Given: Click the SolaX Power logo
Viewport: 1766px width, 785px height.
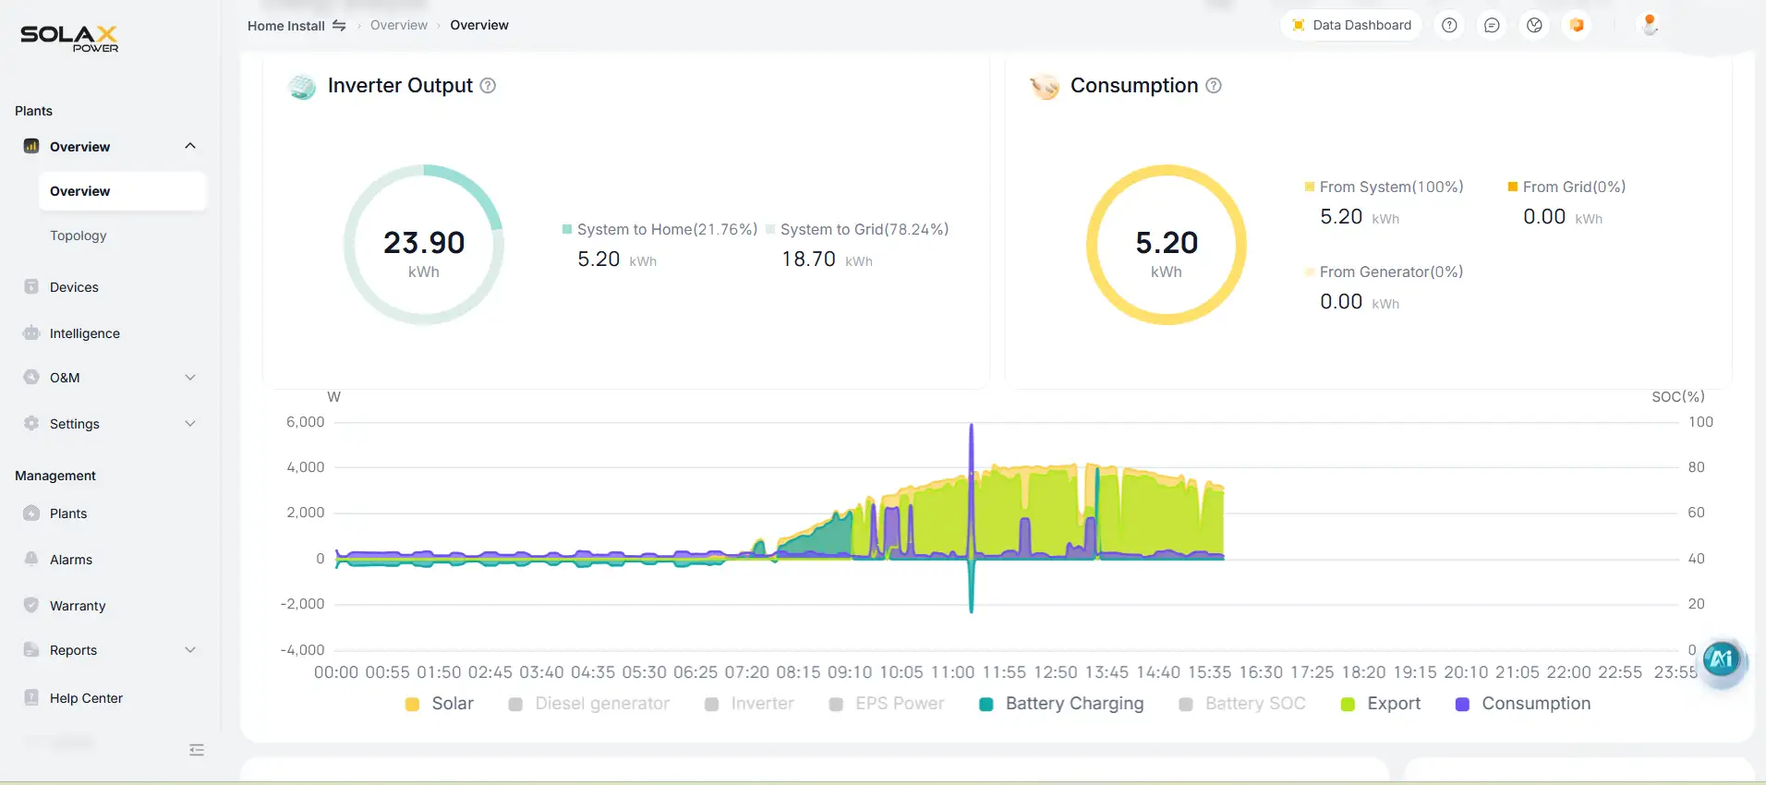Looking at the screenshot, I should click(x=69, y=37).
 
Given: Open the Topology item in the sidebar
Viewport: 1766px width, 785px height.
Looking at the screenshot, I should click(x=79, y=235).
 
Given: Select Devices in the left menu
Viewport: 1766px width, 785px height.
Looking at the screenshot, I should click(x=74, y=287).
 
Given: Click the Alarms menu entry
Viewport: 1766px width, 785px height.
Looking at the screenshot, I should click(x=71, y=560).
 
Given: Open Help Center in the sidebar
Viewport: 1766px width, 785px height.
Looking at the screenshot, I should click(x=86, y=698).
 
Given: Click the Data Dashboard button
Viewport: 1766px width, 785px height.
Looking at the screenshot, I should click(x=1351, y=25).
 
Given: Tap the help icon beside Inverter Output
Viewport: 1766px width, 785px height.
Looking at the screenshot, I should click(x=488, y=86).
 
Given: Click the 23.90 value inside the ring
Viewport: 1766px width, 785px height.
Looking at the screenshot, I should click(x=424, y=243).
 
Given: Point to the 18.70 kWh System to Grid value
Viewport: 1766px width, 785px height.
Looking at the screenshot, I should click(x=809, y=260).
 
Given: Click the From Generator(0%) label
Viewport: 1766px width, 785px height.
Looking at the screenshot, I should click(x=1391, y=272).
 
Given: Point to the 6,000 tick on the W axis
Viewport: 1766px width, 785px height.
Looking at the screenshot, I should click(x=306, y=422).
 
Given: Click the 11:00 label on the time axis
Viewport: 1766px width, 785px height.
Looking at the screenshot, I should click(x=952, y=672).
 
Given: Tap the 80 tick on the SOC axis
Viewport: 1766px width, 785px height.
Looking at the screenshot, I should click(x=1696, y=467).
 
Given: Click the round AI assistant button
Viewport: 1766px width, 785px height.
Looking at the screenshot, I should click(x=1722, y=659).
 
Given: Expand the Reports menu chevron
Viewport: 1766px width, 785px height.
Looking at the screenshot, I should click(x=190, y=650).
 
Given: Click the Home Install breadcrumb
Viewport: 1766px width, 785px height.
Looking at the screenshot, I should click(x=286, y=26).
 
